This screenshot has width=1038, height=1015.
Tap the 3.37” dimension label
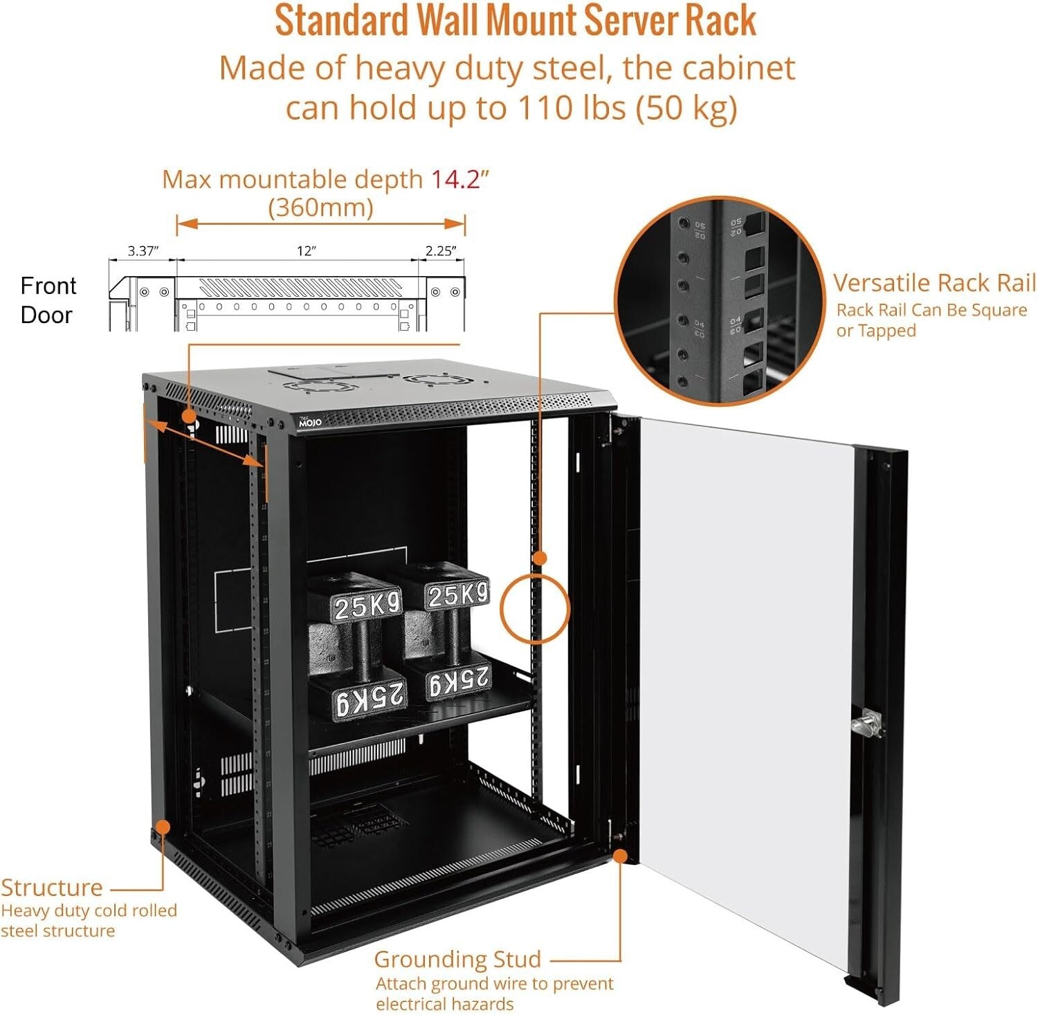[x=143, y=250]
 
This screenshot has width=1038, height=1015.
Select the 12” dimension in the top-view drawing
[x=306, y=250]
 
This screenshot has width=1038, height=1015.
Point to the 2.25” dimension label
[x=440, y=250]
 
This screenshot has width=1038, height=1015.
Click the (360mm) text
[x=320, y=207]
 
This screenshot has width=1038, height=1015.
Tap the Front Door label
[x=47, y=300]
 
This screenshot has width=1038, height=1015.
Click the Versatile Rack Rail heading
[x=934, y=283]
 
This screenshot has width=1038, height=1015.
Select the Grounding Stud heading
[x=457, y=959]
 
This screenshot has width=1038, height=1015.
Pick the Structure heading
[x=52, y=888]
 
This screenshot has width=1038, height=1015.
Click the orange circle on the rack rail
[x=535, y=609]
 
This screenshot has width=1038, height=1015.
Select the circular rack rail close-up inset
[x=720, y=301]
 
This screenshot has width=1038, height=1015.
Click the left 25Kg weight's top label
[x=367, y=607]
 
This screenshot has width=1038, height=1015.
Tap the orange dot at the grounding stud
[x=620, y=856]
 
